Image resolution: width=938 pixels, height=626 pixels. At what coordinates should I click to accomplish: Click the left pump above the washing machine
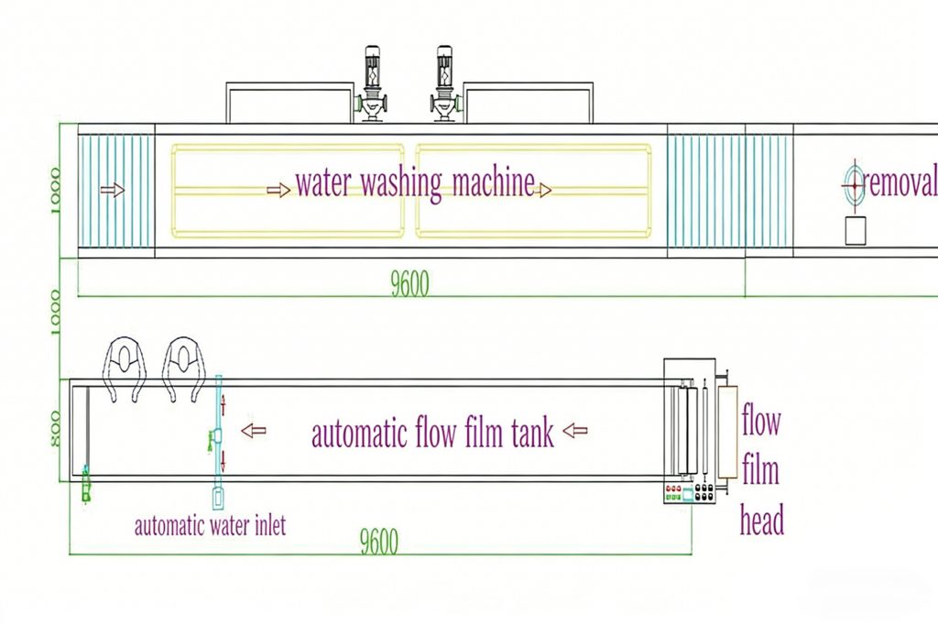point(373,85)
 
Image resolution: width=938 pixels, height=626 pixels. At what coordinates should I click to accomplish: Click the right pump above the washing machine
point(444,85)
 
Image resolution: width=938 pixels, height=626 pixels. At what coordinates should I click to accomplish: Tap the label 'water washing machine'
point(414,183)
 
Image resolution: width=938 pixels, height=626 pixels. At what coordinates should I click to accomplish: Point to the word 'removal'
point(901,183)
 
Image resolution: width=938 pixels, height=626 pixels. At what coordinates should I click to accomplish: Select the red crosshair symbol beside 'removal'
point(853,184)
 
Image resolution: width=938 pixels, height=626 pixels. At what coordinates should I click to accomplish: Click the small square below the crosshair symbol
point(856,232)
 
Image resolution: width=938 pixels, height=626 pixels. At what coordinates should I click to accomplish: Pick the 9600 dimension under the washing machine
point(409,285)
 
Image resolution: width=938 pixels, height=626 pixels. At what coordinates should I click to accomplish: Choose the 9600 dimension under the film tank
point(378,543)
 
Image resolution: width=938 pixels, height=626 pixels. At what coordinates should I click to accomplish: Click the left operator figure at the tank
point(125,367)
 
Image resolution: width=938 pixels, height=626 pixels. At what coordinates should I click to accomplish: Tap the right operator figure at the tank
point(183,367)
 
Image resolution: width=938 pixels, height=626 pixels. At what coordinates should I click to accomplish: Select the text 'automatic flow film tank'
point(432,433)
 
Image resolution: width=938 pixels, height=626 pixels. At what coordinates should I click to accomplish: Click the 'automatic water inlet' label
point(210,526)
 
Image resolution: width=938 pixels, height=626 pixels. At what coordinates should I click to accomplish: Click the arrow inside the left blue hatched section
point(112,190)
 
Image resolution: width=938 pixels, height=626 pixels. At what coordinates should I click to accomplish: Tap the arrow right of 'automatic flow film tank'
point(575,430)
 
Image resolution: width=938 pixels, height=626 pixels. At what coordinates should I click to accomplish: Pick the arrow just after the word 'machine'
point(544,190)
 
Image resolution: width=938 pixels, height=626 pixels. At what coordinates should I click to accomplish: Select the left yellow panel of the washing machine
point(288,190)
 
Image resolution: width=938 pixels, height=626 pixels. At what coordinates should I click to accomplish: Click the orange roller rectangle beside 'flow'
point(728,432)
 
